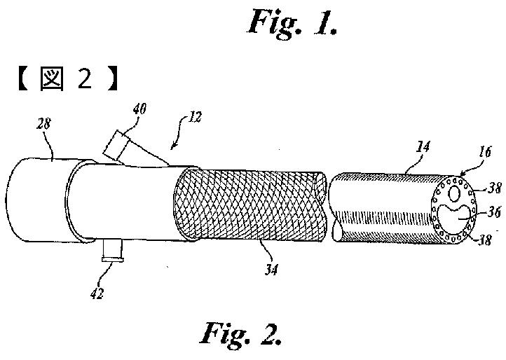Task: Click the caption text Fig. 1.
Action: point(294,22)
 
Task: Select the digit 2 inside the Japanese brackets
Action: point(84,79)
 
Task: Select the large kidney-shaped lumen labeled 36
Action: point(455,209)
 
